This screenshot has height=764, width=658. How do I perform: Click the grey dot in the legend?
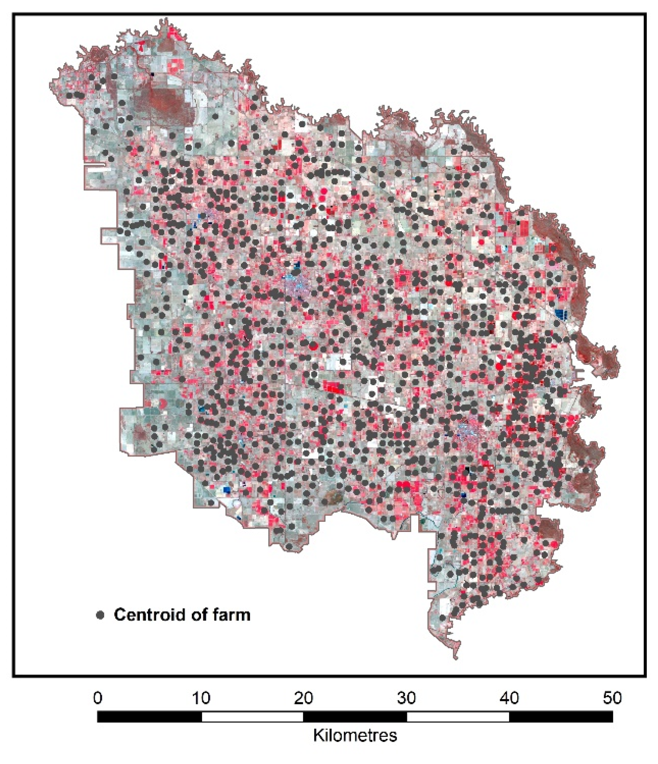coord(100,615)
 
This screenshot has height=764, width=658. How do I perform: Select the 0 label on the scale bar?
coord(97,698)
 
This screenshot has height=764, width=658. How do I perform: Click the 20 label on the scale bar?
coord(304,698)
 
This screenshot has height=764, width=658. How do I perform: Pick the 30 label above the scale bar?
coord(407,698)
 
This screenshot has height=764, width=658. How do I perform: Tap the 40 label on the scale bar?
coord(510,698)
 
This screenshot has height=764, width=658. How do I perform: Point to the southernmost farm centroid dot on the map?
coord(443,618)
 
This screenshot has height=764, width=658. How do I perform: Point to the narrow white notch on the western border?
coord(96,165)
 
